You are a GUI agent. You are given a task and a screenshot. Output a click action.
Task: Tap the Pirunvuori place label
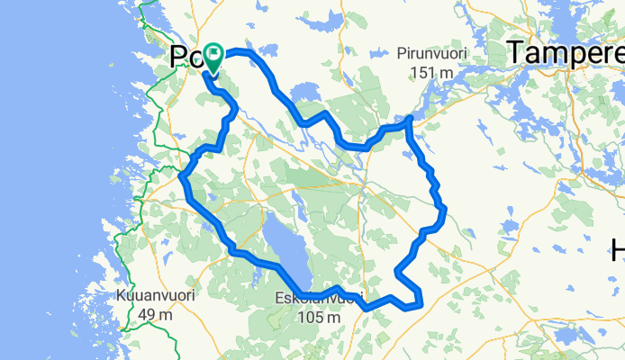434,54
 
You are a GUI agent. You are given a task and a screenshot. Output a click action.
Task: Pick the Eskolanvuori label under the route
321,299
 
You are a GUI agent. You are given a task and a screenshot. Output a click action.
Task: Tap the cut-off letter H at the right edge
619,248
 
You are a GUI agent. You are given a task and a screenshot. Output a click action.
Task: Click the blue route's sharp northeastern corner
410,118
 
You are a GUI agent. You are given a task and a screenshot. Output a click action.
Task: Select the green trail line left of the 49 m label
124,315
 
